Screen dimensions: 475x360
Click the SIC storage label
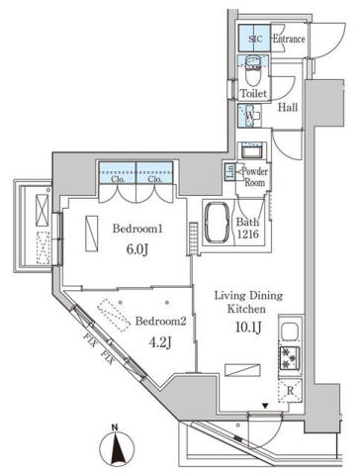point(254,39)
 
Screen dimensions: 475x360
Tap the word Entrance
point(288,39)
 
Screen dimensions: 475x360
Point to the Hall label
point(289,108)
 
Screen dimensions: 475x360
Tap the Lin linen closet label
point(230,171)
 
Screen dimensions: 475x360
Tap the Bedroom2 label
point(160,322)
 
